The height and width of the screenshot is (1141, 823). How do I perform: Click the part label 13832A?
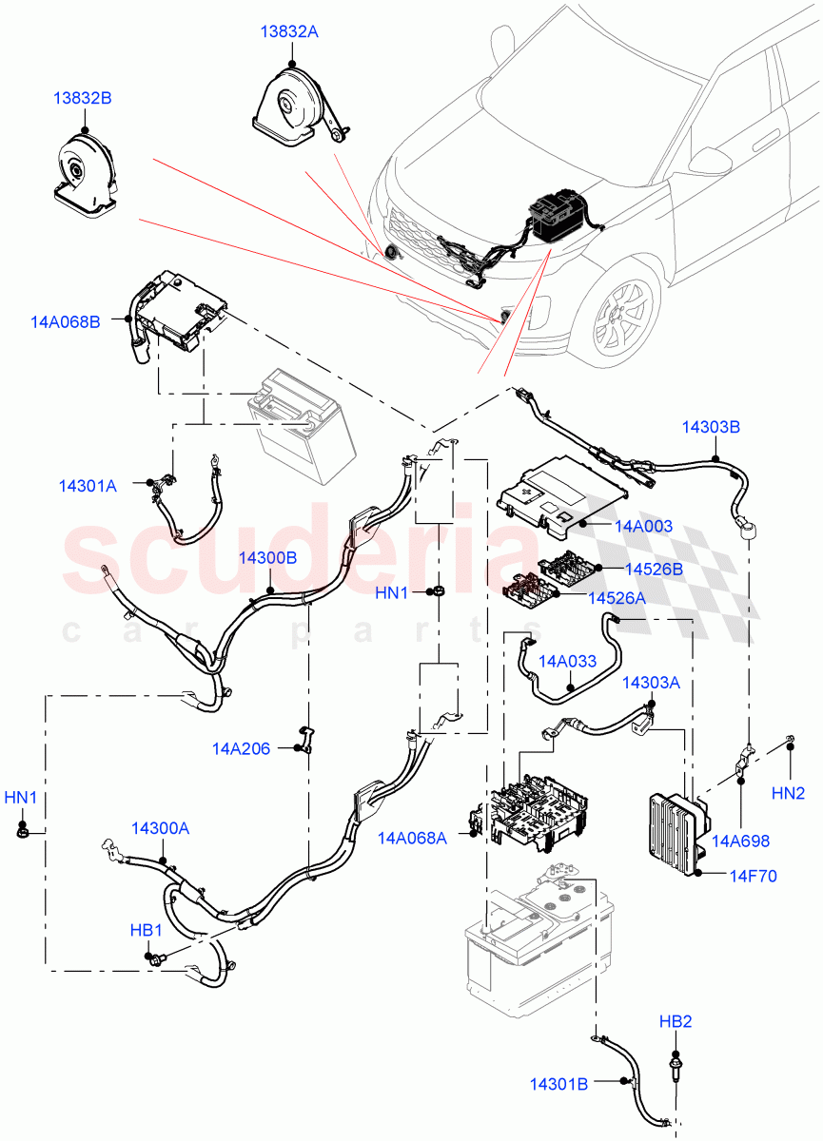coord(289,32)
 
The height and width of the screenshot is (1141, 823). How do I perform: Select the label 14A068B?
coord(66,322)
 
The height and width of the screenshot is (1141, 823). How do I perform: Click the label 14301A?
coord(88,486)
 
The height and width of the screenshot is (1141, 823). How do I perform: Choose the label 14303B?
coord(710,428)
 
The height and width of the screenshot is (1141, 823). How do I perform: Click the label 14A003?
coord(643,526)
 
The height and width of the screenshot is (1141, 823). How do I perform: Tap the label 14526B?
coord(654,570)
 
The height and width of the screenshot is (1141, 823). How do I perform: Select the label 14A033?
coord(568,661)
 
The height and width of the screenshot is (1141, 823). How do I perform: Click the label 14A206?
coord(241,749)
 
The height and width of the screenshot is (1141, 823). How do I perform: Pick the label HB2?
coord(676,1022)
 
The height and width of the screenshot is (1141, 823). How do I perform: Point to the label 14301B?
coord(561,1083)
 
